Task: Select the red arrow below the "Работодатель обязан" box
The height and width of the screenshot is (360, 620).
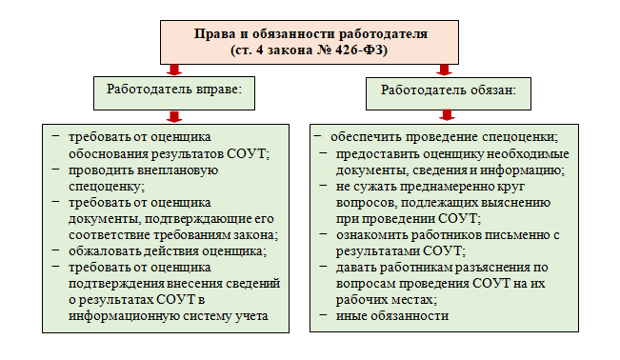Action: click(x=444, y=116)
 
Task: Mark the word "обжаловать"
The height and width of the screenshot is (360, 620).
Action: click(x=104, y=251)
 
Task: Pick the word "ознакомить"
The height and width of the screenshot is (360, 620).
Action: click(x=374, y=234)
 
